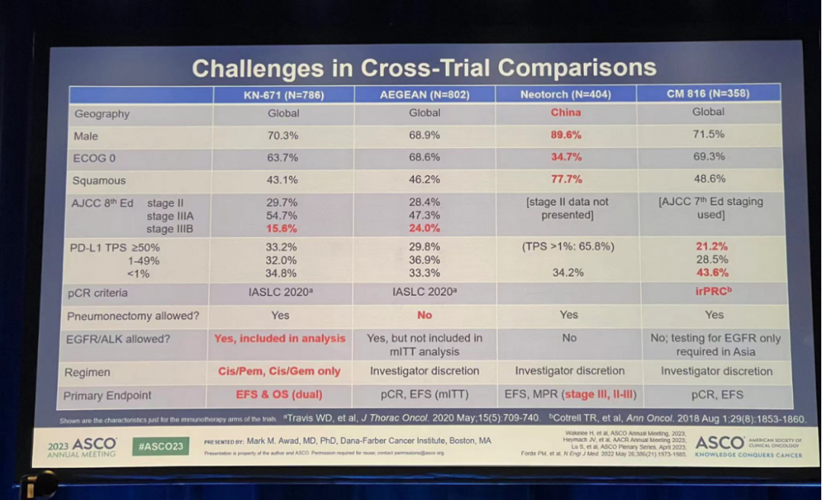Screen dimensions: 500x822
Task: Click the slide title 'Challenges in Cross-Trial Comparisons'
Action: click(x=424, y=68)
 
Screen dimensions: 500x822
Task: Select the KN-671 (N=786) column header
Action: click(x=283, y=94)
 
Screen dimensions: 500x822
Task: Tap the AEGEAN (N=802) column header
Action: click(x=425, y=94)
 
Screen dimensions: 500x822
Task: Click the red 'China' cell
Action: click(x=566, y=113)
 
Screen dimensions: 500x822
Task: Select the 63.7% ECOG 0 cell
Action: click(x=282, y=158)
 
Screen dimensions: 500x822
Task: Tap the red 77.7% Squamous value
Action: click(x=566, y=180)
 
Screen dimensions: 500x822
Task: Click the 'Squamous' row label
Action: click(x=100, y=181)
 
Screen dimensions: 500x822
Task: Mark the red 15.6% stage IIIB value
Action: click(x=282, y=228)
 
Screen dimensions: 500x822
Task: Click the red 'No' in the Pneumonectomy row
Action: click(x=425, y=315)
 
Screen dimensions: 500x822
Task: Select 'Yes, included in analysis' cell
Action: click(x=279, y=338)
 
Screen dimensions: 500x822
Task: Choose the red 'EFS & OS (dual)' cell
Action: click(x=279, y=395)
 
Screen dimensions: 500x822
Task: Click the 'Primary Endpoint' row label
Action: click(x=107, y=396)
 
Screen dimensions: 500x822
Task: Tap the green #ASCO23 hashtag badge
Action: click(x=161, y=446)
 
